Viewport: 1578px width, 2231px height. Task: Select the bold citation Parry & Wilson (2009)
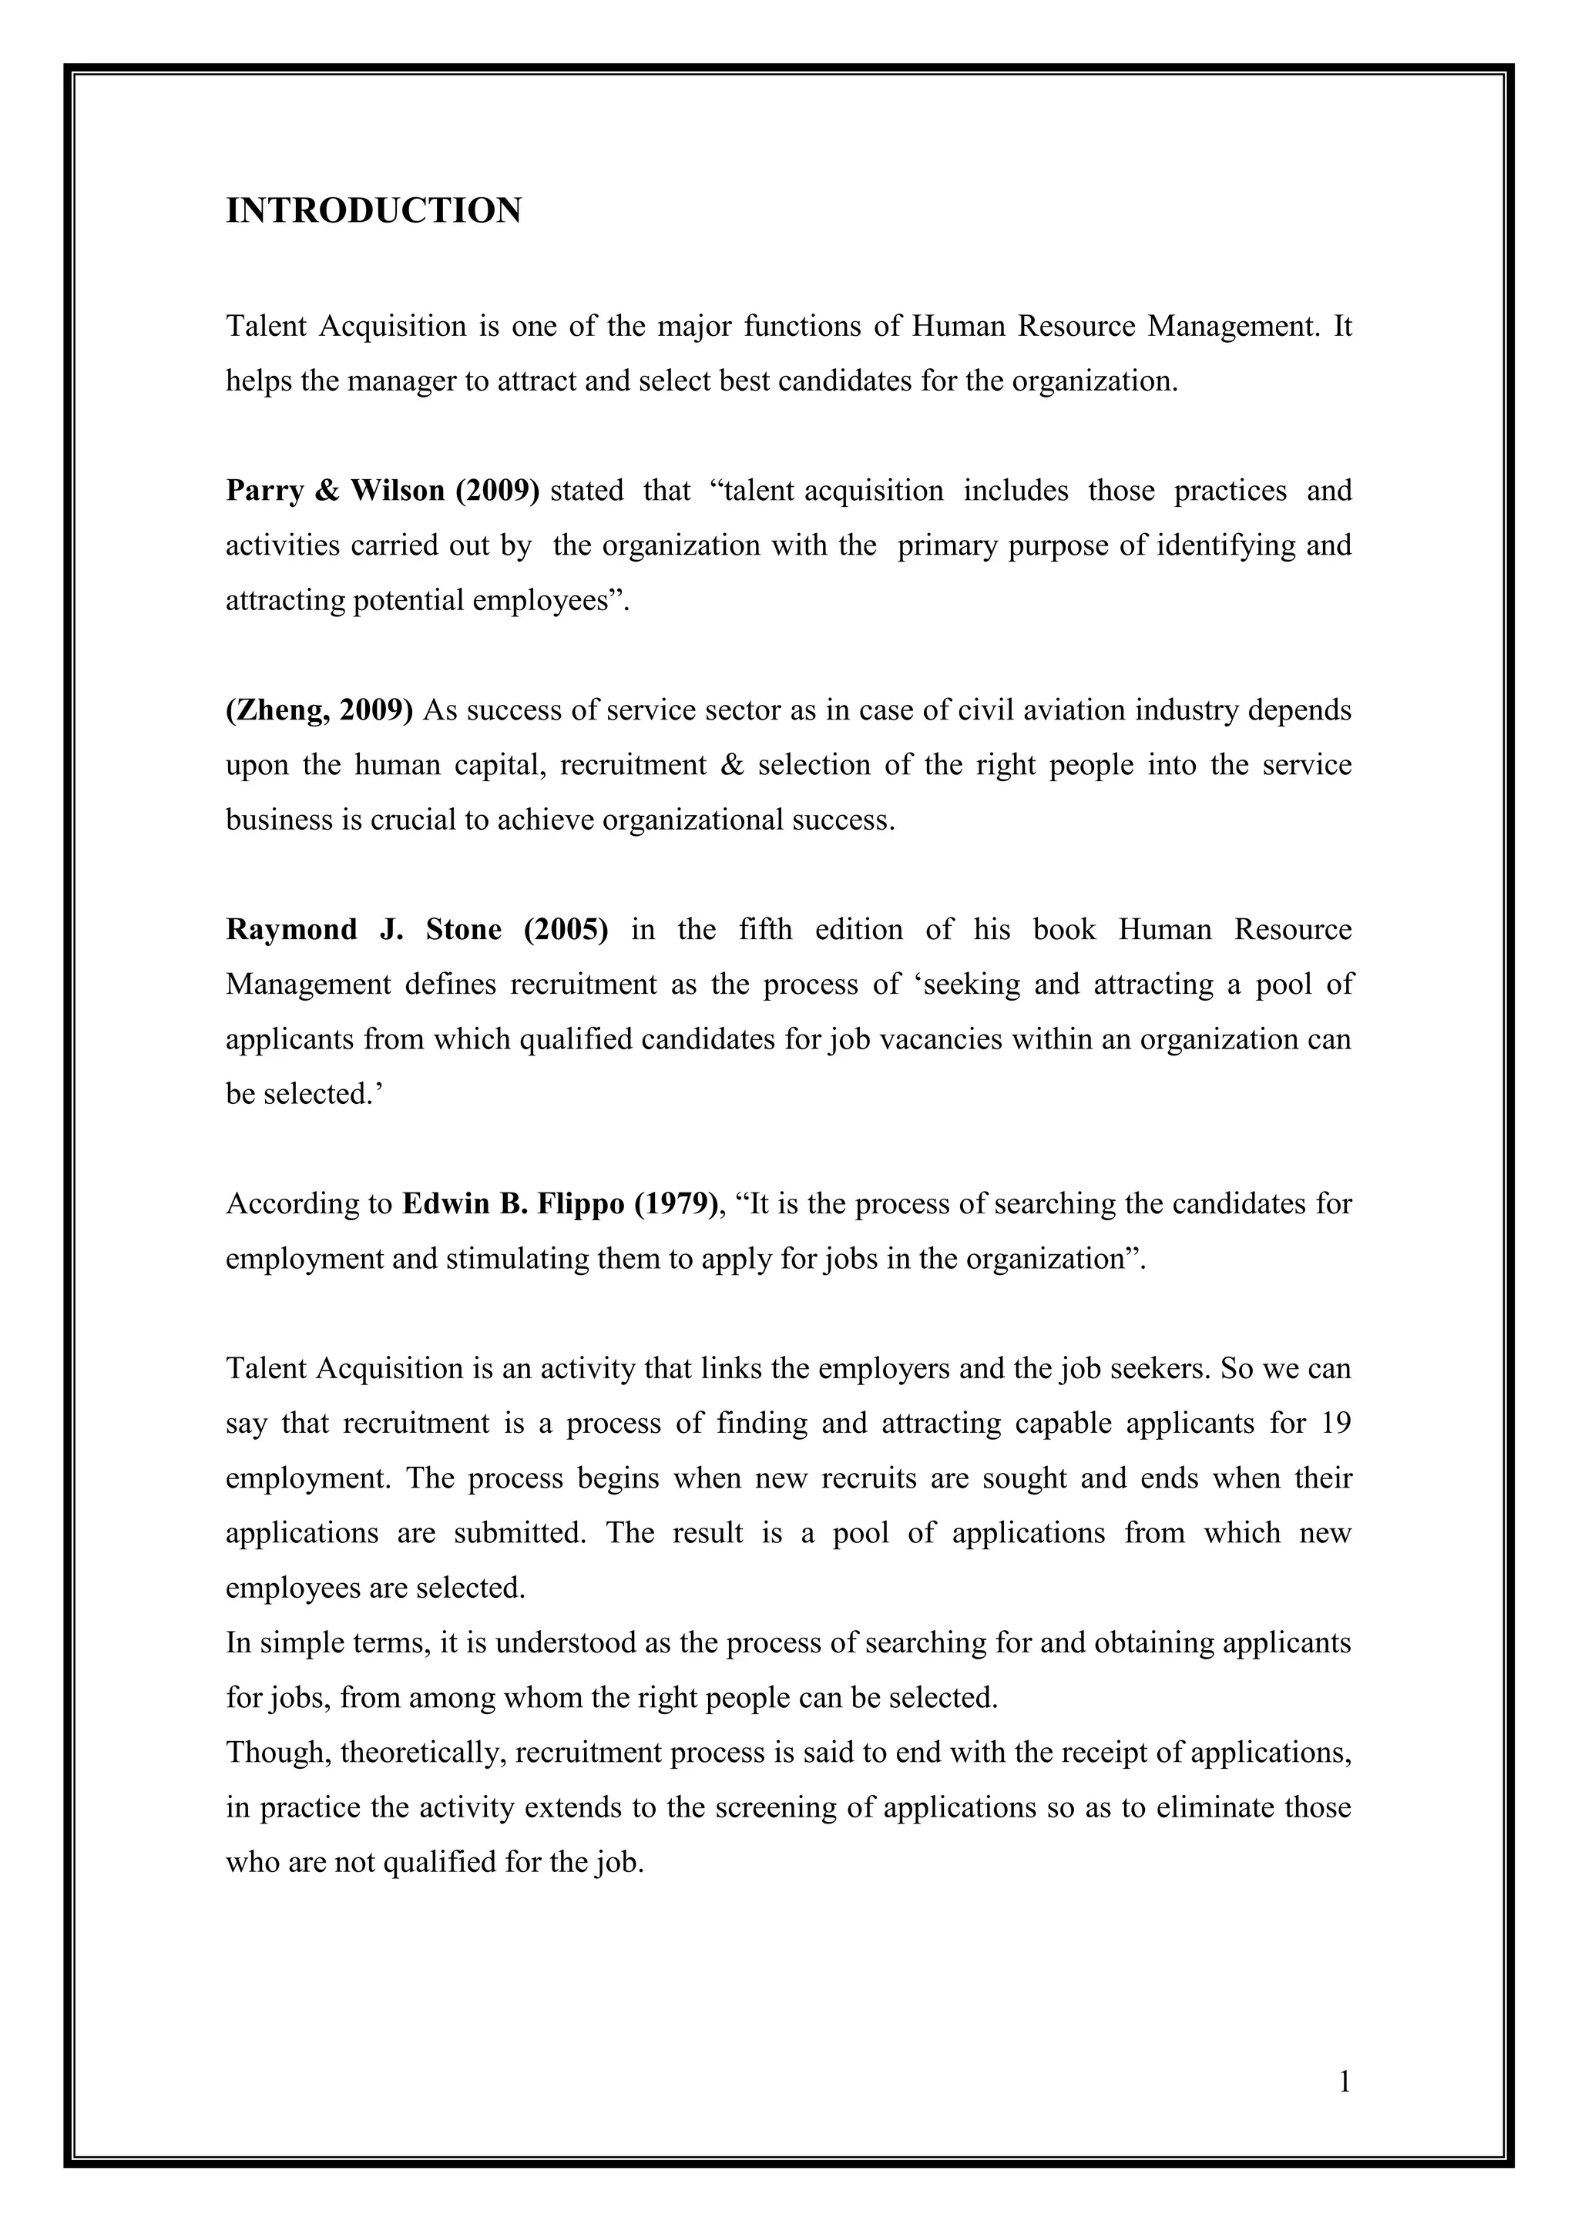[x=382, y=491]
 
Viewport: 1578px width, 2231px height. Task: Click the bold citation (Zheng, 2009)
[x=320, y=710]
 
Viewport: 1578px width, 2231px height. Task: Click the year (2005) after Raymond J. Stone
[x=566, y=930]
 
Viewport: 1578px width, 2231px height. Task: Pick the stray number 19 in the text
[x=1336, y=1424]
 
